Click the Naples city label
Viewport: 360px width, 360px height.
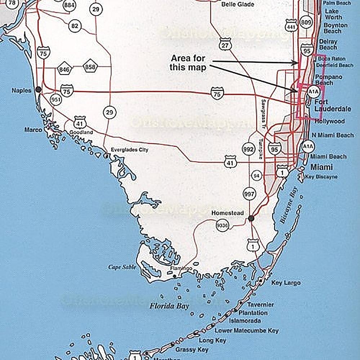click(x=21, y=90)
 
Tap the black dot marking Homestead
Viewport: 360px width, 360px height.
click(x=251, y=218)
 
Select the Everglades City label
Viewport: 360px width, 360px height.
click(x=129, y=150)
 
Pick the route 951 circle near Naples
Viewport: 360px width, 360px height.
click(x=56, y=100)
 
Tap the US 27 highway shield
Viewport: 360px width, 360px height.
click(x=225, y=45)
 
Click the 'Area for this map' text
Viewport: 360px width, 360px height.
click(x=188, y=63)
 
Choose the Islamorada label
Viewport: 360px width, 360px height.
click(x=245, y=320)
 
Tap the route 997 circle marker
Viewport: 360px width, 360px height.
click(x=249, y=194)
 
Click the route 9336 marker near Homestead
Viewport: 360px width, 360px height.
click(x=222, y=226)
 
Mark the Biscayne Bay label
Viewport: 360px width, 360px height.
click(x=289, y=205)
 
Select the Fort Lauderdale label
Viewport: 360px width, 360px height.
click(x=333, y=106)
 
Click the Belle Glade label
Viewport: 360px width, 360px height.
click(x=237, y=4)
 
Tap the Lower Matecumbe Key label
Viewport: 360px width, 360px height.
click(x=246, y=330)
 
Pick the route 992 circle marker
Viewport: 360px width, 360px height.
click(x=249, y=148)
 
